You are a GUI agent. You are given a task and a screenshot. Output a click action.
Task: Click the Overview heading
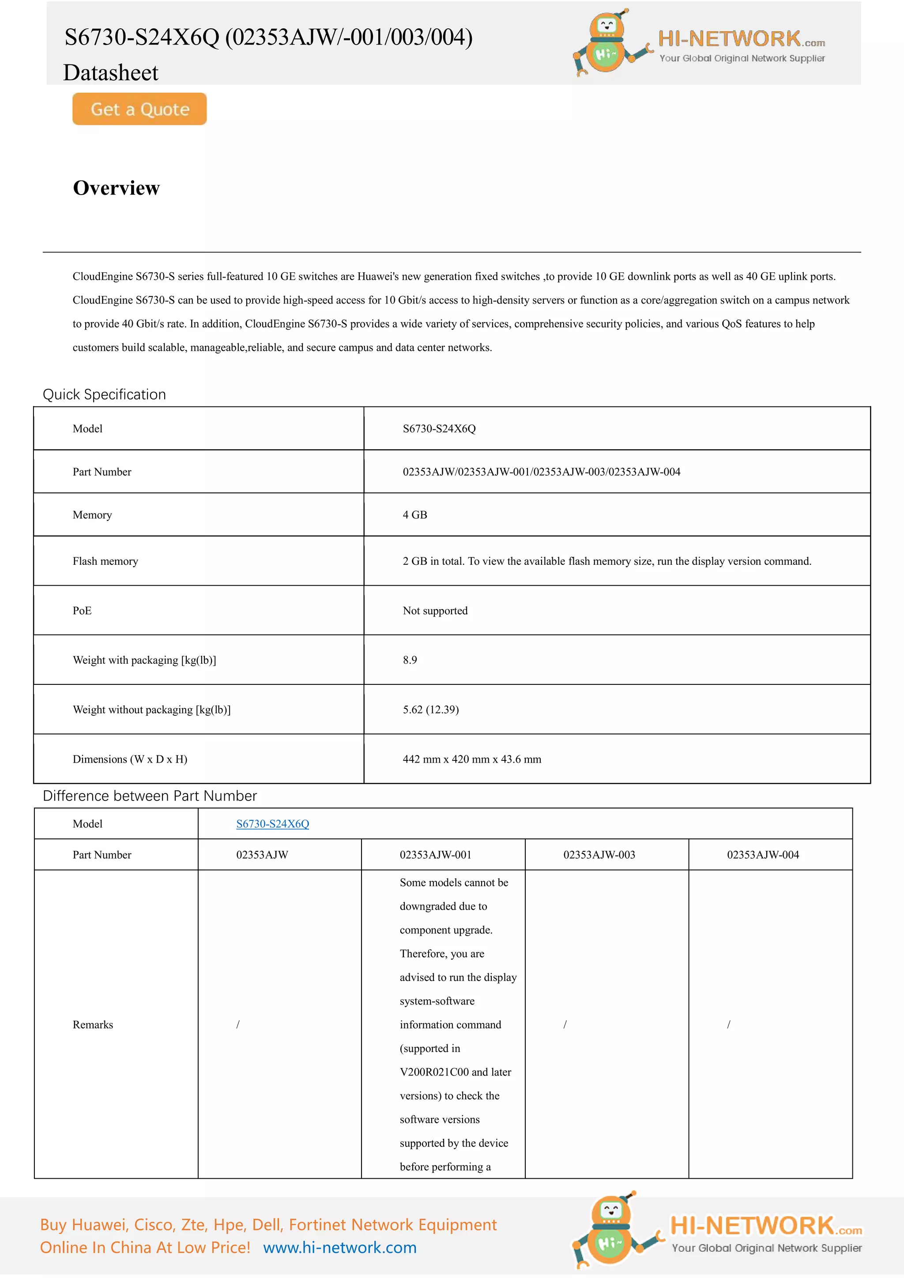pos(117,188)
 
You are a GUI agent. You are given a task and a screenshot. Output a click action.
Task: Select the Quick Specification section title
pos(104,395)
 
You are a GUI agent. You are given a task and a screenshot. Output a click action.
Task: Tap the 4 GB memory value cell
pos(415,515)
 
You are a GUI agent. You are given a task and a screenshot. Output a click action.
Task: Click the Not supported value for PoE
pos(435,611)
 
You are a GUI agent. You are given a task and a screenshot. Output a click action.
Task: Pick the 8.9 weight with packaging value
pos(410,660)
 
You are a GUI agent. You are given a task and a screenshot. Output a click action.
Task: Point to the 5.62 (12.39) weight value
pos(430,710)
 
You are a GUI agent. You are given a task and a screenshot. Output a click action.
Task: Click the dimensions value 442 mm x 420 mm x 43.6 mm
pos(471,759)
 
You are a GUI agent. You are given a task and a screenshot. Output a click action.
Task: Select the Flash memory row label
pos(105,561)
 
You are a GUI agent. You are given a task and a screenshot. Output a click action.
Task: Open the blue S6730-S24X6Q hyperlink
pos(272,824)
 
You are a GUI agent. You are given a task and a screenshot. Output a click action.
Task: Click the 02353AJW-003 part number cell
pos(599,855)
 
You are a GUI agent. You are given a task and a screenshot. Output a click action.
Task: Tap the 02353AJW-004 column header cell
pos(763,855)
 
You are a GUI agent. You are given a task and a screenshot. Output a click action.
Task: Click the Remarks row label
pos(93,1025)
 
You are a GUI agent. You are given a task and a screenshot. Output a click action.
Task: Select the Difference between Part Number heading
pos(150,796)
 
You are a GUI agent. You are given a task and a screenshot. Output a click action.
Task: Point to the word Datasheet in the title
pos(111,73)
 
